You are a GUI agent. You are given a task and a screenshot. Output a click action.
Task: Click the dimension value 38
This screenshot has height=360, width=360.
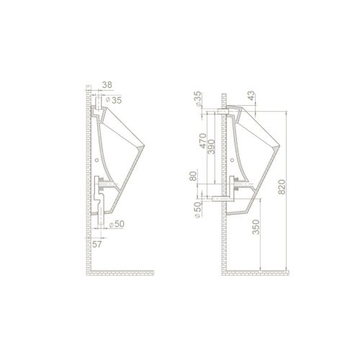[107, 85]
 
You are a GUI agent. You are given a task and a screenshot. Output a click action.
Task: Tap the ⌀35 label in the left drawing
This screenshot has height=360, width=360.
[114, 100]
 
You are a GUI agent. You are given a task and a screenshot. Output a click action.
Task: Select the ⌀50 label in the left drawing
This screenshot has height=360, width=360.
[117, 224]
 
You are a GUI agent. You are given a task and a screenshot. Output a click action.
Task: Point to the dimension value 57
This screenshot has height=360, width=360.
[97, 244]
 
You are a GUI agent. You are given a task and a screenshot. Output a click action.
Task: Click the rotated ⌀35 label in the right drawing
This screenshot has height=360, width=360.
[198, 99]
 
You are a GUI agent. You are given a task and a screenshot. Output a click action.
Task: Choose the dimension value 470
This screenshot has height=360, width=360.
[203, 141]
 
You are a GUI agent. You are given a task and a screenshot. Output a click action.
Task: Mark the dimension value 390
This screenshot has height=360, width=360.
[212, 146]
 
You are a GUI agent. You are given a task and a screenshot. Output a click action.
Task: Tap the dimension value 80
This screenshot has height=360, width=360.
[194, 176]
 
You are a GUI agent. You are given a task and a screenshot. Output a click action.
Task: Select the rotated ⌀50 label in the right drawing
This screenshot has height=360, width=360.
[197, 210]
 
